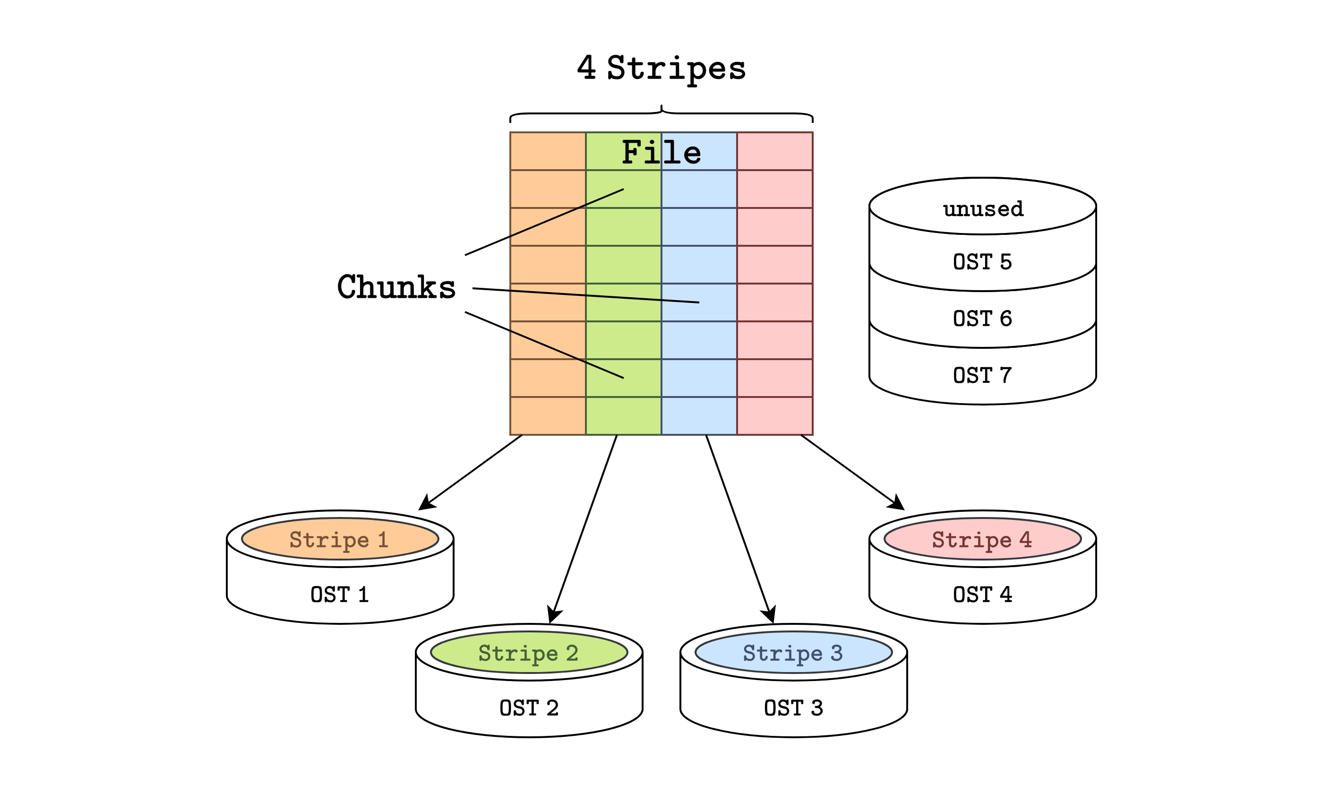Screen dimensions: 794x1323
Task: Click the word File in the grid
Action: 661,153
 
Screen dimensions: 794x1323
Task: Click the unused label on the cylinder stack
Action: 983,209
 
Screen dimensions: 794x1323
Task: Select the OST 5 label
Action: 982,262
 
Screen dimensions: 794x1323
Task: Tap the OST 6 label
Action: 982,319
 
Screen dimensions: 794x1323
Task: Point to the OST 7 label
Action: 982,376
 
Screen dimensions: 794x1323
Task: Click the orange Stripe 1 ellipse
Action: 340,539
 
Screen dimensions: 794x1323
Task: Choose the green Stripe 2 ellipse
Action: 528,653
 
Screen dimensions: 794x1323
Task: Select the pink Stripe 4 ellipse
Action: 982,539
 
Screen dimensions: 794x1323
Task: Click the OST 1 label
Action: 340,595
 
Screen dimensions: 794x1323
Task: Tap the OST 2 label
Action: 528,708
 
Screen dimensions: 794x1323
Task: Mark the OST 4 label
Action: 982,595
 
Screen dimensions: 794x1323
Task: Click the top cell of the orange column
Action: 548,151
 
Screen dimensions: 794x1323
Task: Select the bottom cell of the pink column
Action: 774,416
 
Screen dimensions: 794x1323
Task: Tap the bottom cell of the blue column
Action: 699,416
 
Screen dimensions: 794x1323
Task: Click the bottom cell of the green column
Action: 623,416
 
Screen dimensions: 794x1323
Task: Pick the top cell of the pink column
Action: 774,151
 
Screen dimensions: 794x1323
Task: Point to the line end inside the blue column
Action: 698,302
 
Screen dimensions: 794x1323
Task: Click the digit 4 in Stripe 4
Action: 1025,539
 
